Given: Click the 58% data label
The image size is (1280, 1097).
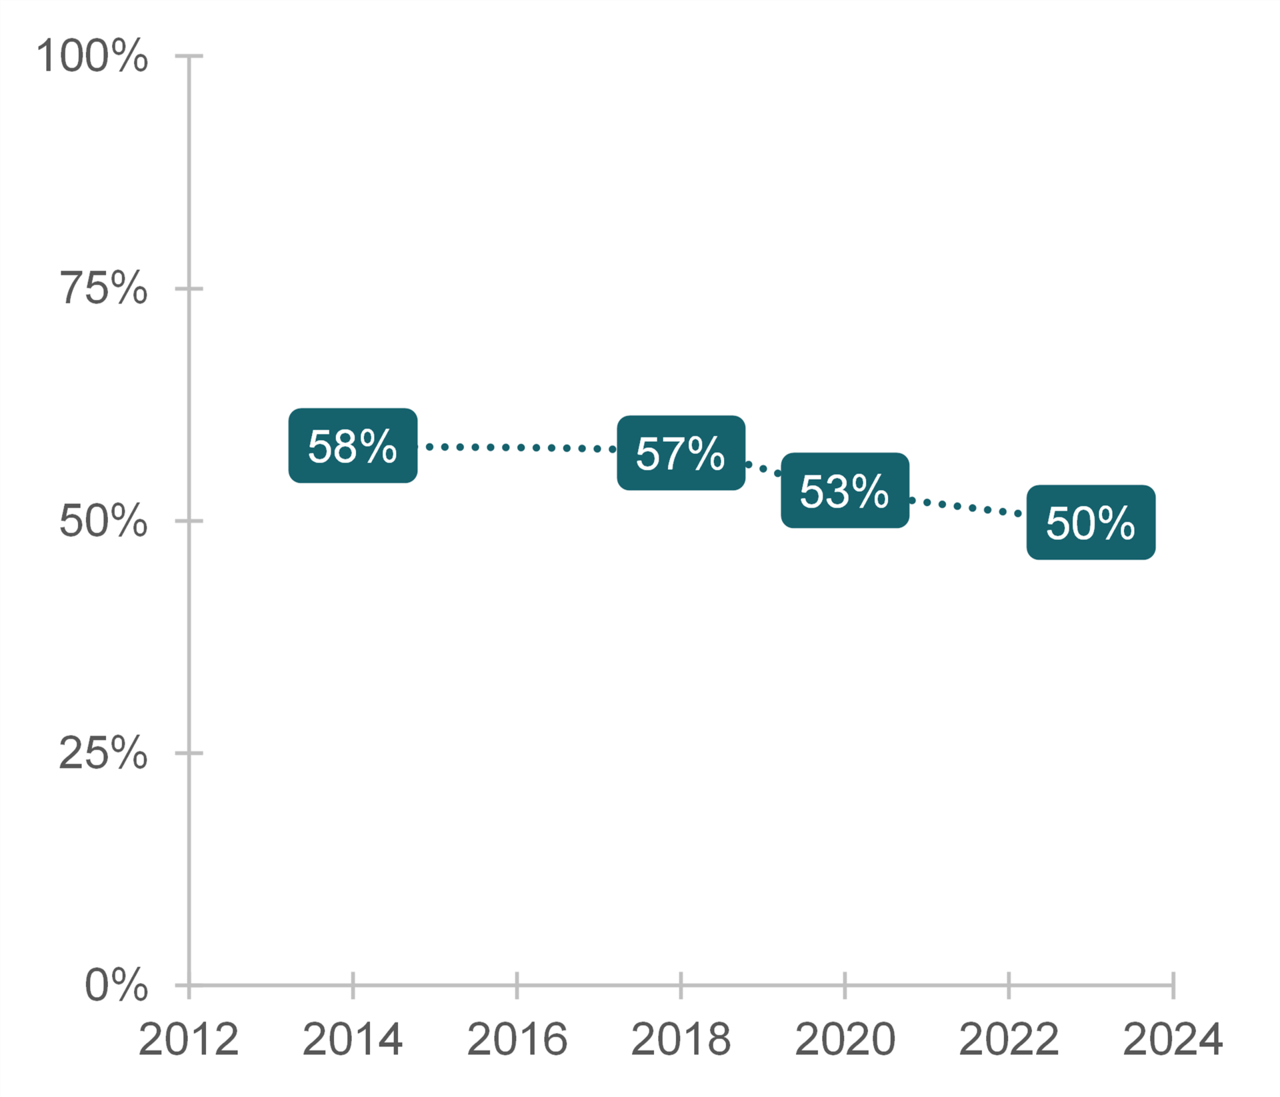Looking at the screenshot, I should (353, 446).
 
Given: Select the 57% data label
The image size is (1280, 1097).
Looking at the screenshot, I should (681, 453).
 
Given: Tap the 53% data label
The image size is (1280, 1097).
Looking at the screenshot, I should (845, 491).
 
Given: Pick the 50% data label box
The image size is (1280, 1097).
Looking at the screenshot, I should (1091, 523).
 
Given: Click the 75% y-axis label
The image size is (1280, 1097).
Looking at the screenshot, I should (103, 289).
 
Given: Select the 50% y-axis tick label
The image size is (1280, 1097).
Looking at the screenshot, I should (103, 521).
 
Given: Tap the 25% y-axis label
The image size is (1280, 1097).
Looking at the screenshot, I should (103, 753).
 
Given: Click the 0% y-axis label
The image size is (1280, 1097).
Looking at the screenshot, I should (116, 985).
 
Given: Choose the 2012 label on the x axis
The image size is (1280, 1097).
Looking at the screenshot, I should (189, 1039).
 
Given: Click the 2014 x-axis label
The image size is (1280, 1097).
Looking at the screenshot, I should (353, 1039).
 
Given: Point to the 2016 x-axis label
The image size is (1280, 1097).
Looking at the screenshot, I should (517, 1039).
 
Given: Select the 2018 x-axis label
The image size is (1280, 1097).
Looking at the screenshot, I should (681, 1039).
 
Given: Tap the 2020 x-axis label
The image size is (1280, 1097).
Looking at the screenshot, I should (845, 1039).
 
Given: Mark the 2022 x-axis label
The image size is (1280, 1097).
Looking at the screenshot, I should (1009, 1039).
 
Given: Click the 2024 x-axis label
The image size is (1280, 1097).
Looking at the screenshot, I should (1173, 1039).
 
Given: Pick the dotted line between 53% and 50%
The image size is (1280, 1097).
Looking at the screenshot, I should (967, 507).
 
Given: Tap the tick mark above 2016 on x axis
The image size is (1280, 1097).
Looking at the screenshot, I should (517, 985).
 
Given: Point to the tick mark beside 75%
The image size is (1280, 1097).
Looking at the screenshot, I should (189, 289).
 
